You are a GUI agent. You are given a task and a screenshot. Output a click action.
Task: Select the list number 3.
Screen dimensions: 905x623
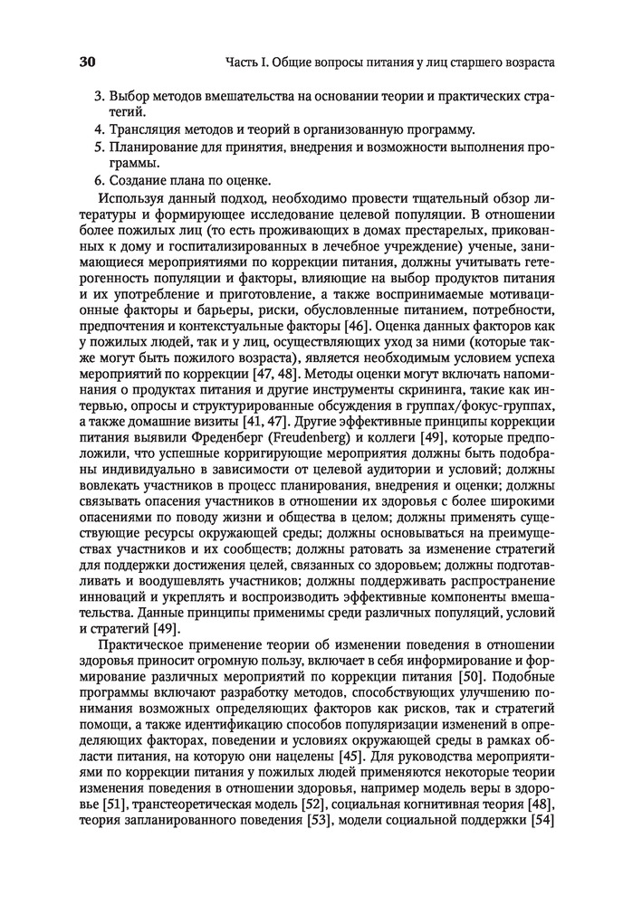point(98,97)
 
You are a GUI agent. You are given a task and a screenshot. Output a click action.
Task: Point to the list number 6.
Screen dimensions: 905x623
point(98,179)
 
